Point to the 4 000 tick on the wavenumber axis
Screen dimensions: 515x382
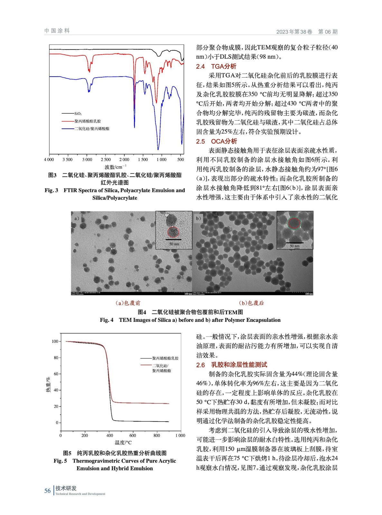[49, 159]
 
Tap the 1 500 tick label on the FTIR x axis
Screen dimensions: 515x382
[143, 159]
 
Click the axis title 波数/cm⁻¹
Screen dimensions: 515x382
[116, 167]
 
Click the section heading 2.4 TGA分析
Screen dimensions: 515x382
[216, 66]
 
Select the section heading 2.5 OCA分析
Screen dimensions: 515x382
[216, 141]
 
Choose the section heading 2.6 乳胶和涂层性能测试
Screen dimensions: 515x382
[231, 365]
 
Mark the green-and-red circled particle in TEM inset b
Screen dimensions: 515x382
[293, 223]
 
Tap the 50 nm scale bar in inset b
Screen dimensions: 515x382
[294, 243]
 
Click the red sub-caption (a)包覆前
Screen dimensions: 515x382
[128, 303]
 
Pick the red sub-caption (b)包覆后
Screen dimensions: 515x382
[251, 303]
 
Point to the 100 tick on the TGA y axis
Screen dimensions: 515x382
[55, 342]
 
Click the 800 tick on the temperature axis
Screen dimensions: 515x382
[157, 435]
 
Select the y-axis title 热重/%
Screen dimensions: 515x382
[48, 384]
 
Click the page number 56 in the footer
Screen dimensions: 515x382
[48, 491]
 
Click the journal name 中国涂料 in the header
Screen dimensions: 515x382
[57, 31]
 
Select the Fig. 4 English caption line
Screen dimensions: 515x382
[190, 320]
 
